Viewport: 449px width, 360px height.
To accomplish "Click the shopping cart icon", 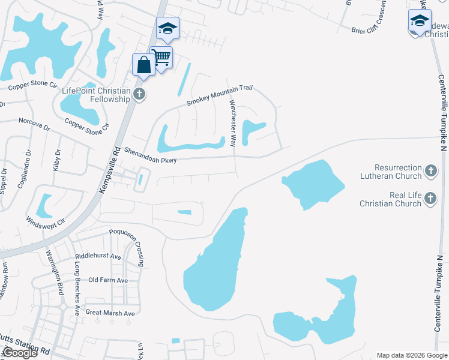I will coord(161,58).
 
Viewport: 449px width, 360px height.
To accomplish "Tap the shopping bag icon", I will coord(144,65).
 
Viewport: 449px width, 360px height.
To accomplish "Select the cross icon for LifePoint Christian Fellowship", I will coord(140,94).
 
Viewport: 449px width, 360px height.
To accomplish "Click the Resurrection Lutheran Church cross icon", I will coord(430,172).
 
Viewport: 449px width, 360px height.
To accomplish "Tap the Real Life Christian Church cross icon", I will coord(430,199).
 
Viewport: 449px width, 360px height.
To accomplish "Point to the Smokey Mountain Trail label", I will coord(218,95).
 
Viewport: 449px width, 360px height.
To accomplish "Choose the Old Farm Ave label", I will coord(108,280).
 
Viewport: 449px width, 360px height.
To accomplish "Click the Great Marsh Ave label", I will coord(110,313).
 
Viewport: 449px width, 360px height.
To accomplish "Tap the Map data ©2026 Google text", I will coord(411,355).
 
